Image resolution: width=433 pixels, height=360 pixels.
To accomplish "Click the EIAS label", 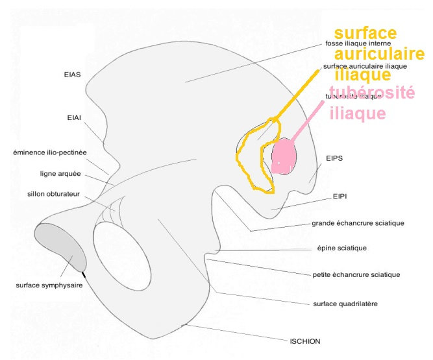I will [x=73, y=75].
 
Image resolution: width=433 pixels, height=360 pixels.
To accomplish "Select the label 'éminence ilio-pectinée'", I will [x=50, y=153].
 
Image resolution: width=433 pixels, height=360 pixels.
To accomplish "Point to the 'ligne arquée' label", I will [x=58, y=173].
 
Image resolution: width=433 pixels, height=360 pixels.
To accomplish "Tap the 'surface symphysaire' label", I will [x=49, y=285].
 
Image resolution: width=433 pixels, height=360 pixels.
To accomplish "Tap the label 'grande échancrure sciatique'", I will [x=358, y=223].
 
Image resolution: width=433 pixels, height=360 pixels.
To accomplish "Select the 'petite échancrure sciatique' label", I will [x=356, y=274].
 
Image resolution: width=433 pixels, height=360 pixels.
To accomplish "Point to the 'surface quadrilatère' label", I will [x=346, y=304].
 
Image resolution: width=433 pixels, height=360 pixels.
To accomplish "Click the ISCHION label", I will [x=304, y=341].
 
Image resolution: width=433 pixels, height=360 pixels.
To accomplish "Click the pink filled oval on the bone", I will [x=284, y=156].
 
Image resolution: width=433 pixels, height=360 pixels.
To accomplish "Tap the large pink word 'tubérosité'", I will [x=371, y=93].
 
